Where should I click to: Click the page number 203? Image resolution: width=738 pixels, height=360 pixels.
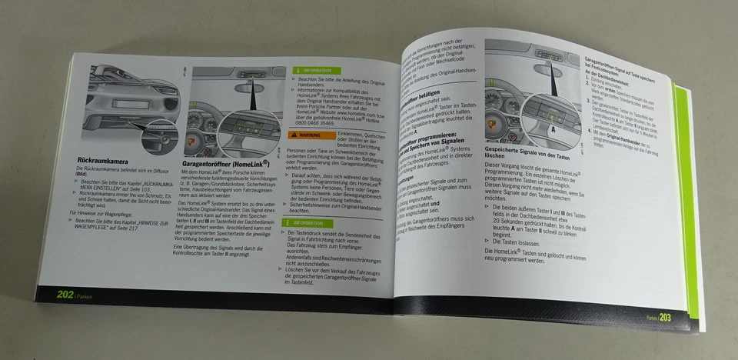[666, 318]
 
